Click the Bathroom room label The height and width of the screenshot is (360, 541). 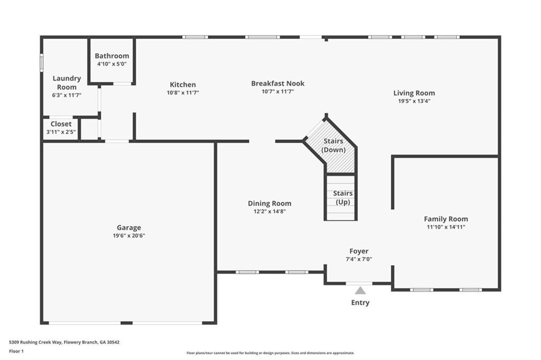click(112, 56)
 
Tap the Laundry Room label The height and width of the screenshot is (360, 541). click(67, 83)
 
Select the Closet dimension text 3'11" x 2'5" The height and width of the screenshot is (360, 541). click(61, 132)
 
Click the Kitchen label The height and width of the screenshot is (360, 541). click(183, 84)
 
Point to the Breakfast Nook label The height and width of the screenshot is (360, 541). click(278, 83)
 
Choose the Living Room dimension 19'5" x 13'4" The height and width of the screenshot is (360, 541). click(414, 101)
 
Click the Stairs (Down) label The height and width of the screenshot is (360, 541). click(333, 145)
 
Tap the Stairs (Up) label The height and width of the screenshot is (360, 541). click(342, 197)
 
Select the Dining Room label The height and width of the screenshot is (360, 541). click(269, 203)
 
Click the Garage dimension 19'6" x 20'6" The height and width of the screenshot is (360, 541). click(129, 235)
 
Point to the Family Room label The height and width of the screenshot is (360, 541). click(446, 219)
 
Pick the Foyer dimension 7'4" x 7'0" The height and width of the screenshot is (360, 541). click(359, 259)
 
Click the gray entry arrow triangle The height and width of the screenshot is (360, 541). click(360, 291)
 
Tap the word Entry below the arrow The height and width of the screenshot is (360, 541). click(360, 302)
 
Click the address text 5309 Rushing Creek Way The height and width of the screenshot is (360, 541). click(35, 343)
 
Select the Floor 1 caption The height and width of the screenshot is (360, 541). click(16, 352)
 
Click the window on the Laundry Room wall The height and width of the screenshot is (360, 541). click(41, 62)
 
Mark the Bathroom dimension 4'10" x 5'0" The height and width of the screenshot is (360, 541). click(112, 64)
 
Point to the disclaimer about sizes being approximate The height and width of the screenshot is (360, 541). click(270, 353)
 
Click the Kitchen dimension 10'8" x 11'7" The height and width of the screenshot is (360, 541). click(183, 93)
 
